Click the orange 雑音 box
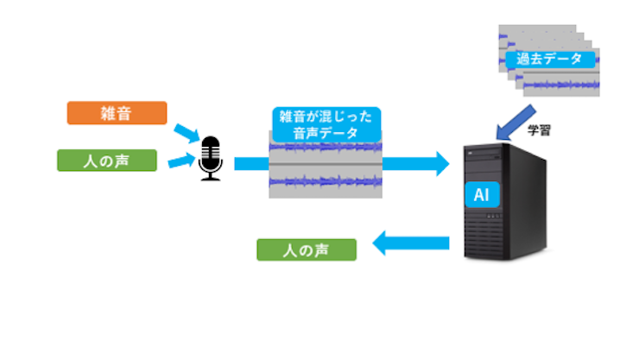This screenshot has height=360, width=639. tap(117, 113)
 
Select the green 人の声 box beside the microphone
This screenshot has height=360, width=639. tap(107, 160)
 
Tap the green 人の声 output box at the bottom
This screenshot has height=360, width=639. tap(307, 249)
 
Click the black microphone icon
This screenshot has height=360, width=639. tap(210, 156)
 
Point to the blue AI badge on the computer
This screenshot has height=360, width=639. tap(482, 195)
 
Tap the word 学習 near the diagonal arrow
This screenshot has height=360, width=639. tap(540, 131)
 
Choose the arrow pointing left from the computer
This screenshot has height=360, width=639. tap(410, 244)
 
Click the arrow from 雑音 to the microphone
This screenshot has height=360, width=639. tap(186, 133)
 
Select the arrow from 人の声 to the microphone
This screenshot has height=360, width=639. tap(181, 160)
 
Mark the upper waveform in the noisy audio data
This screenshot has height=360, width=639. tap(326, 148)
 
